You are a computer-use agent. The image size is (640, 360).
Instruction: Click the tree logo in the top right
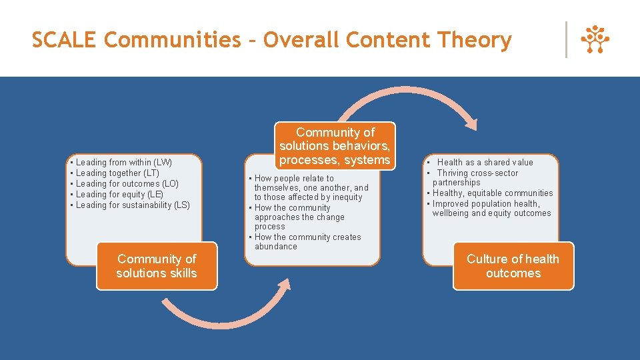(595, 40)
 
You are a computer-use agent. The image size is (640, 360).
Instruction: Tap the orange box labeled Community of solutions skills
(157, 266)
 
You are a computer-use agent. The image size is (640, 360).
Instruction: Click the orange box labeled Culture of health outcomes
(513, 266)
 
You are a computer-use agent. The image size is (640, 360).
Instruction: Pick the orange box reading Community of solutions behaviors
(335, 146)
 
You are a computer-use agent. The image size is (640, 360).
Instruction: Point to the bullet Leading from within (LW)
(123, 163)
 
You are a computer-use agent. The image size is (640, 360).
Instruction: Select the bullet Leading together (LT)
(117, 173)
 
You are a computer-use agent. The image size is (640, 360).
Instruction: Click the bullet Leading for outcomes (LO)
(127, 184)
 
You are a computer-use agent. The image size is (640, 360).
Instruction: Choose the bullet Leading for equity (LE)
(119, 195)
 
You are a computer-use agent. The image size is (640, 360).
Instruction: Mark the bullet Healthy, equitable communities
(493, 193)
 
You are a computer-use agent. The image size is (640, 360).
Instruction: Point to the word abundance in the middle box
(276, 247)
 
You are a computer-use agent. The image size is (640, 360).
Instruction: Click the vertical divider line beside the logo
(566, 40)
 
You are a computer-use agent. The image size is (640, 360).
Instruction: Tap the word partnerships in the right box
(456, 183)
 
